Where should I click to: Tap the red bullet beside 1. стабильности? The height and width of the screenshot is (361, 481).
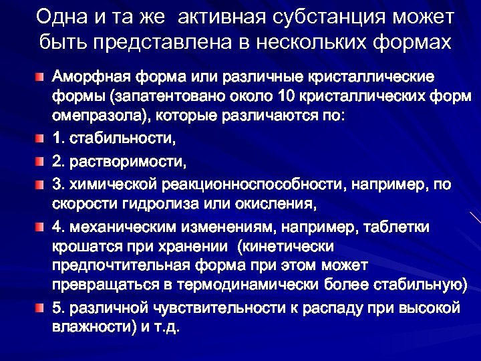coord(41,140)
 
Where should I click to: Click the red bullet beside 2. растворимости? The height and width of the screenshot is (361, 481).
coord(41,161)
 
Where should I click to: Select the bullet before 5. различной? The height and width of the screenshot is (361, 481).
coord(41,308)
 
